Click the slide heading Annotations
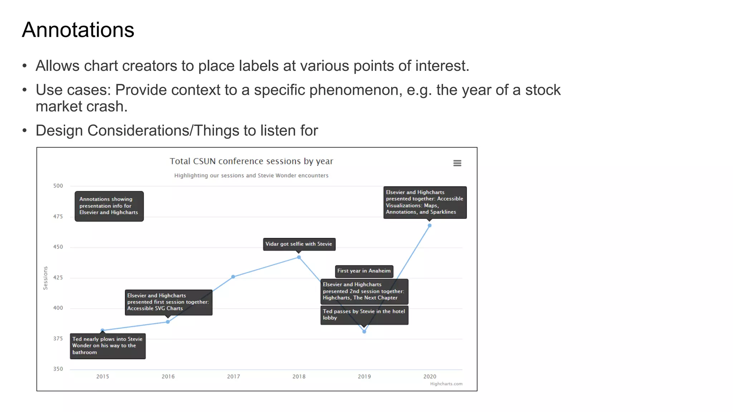pos(78,30)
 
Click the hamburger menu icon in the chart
pos(457,163)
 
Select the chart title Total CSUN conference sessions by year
pos(251,161)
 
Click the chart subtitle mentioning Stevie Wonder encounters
pos(251,176)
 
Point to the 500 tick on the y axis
pos(58,186)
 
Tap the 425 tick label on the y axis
pos(58,278)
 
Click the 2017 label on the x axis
pos(233,377)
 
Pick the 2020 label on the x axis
pos(429,377)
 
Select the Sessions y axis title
pos(45,278)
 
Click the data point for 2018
pos(299,257)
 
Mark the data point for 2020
pos(429,226)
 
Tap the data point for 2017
pos(233,277)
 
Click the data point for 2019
pos(364,332)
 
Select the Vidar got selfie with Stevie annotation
pos(299,244)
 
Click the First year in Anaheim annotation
pos(364,271)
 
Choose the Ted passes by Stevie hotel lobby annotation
pos(364,315)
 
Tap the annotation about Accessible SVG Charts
pos(168,302)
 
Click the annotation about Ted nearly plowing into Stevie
pos(107,346)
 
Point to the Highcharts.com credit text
pos(446,384)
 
